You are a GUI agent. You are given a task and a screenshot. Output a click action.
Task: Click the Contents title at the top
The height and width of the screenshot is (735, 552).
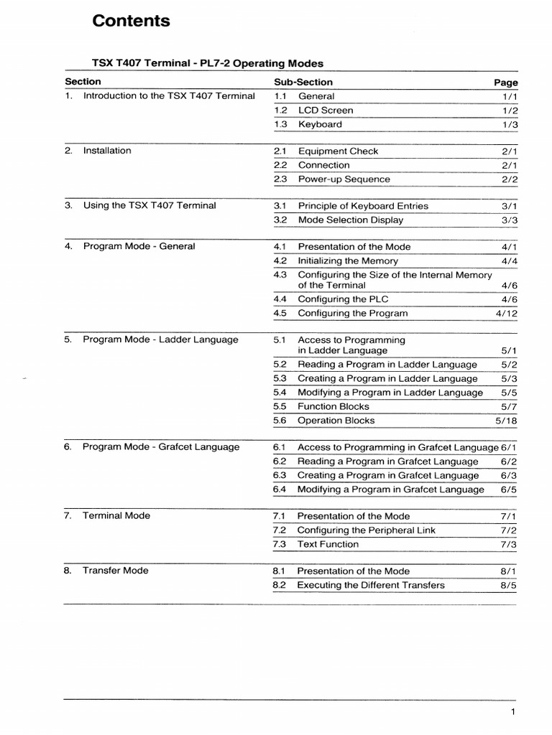point(132,22)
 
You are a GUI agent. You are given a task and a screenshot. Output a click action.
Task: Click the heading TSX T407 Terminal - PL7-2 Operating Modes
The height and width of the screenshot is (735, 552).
point(208,63)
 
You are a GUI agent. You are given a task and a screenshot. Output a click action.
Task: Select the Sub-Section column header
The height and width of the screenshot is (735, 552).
point(303,82)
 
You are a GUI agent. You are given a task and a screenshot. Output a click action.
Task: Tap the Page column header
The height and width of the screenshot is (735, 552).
point(505,83)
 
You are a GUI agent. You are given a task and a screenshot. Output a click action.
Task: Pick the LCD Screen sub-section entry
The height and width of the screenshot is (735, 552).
point(326,111)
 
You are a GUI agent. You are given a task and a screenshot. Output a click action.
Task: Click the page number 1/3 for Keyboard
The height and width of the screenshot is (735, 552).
point(510,125)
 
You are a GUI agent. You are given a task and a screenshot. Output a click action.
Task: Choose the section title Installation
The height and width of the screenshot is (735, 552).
point(107,151)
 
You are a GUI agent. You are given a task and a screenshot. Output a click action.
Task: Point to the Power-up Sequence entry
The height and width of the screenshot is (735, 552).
point(344,179)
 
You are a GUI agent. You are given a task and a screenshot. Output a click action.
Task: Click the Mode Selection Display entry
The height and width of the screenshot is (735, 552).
point(350,220)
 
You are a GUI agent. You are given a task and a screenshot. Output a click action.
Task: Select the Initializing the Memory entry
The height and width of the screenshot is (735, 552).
point(347,261)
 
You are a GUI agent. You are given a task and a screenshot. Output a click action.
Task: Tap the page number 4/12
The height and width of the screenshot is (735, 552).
point(507,314)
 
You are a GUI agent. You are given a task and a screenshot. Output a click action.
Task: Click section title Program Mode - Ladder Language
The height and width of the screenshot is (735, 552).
point(160,340)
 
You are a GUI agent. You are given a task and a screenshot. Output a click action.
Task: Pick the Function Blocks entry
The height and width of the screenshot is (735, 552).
point(333,407)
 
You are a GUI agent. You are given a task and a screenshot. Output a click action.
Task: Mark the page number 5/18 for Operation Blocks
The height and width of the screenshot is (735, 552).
point(507,421)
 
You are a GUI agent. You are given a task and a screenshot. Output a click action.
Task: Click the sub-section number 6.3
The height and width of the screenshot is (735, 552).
point(280,476)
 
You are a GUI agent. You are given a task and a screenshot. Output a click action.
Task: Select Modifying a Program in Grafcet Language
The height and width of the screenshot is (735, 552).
point(390,490)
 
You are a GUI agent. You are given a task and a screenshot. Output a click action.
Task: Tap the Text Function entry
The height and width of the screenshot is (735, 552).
point(328,545)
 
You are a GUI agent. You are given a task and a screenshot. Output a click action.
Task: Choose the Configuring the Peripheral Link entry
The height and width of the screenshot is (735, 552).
point(366,530)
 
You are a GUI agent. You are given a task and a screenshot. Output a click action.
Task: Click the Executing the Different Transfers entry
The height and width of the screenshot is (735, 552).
point(370,585)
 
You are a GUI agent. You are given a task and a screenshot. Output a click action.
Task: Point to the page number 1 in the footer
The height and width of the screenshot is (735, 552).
point(513,712)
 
